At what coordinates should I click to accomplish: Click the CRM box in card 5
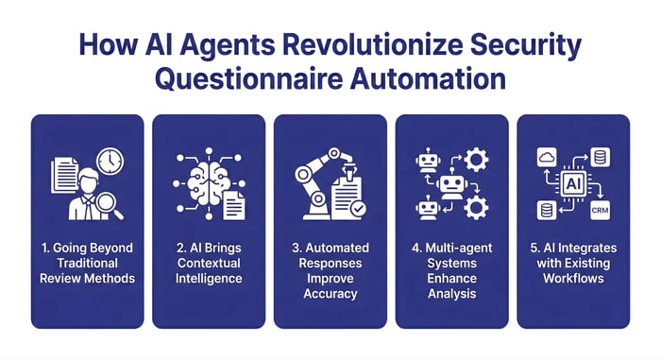[x=598, y=208]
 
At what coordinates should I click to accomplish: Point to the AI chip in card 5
[x=573, y=181]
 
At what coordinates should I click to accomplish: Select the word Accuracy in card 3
[x=330, y=293]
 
